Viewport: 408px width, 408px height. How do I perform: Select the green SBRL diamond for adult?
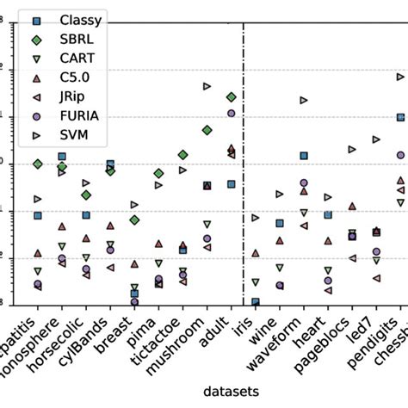pos(231,97)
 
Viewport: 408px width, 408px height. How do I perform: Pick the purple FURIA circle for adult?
pos(231,113)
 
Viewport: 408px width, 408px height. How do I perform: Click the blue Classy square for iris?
pos(256,302)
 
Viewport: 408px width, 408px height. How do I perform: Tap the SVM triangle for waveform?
pos(304,100)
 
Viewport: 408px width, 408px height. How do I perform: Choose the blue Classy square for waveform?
pos(304,156)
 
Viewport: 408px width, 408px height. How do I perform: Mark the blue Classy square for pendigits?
pos(400,117)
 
